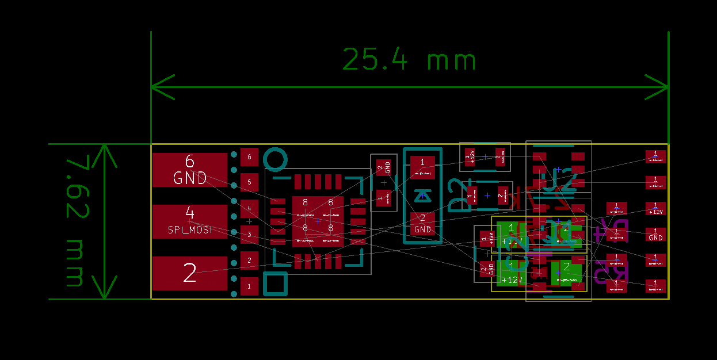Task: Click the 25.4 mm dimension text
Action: [x=410, y=59]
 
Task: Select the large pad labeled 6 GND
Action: [x=190, y=170]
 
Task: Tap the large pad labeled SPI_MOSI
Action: [x=190, y=221]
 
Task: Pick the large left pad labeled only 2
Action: [x=190, y=273]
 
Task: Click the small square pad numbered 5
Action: [x=249, y=182]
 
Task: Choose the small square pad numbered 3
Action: [x=249, y=234]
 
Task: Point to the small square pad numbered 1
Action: [x=249, y=286]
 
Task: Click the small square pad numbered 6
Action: [x=249, y=156]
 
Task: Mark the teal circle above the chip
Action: [x=275, y=160]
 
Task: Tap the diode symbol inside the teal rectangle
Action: [x=423, y=196]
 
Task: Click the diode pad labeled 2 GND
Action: [x=423, y=223]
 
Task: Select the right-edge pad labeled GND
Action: [x=655, y=234]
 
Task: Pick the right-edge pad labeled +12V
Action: [x=655, y=208]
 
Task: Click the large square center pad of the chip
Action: [x=318, y=221]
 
